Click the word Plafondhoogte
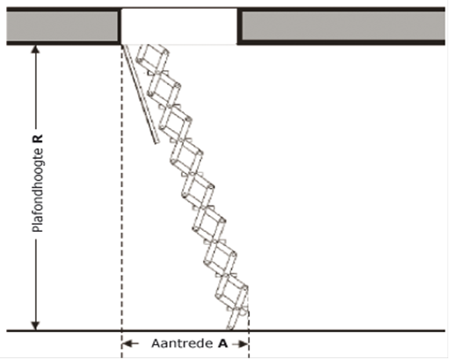38,191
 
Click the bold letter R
38,139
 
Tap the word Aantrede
182,343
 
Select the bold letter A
223,343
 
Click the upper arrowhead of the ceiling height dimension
35,48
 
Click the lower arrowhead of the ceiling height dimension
35,326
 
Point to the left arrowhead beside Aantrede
127,343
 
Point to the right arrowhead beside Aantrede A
243,344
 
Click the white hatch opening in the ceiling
179,26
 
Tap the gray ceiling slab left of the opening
62,26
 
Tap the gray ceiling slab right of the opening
344,26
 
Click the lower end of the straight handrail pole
156,142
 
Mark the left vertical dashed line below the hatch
122,201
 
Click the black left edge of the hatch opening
120,26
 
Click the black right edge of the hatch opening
239,26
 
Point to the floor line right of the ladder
347,331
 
